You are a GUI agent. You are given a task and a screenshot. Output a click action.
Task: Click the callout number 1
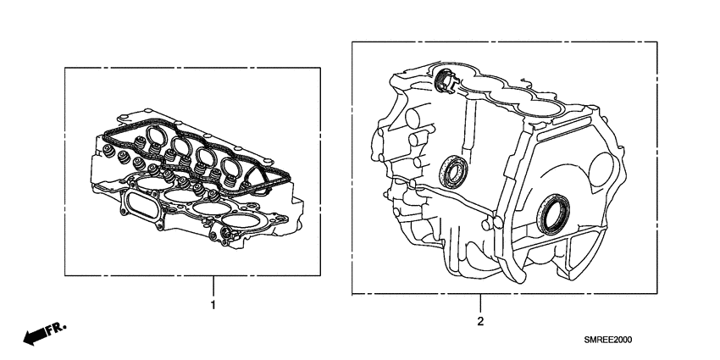coord(213,303)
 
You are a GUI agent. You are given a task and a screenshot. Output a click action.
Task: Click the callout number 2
coord(480,321)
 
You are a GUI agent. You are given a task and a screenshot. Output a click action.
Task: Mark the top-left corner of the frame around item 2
coord(352,42)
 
